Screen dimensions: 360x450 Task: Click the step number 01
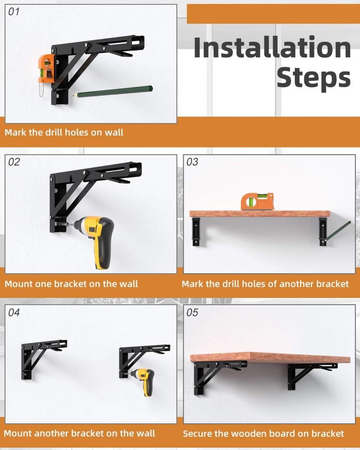pyautogui.click(x=14, y=12)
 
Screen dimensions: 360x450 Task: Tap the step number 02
pyautogui.click(x=14, y=162)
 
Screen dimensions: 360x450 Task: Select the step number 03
pyautogui.click(x=192, y=162)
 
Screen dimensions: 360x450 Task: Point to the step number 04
pyautogui.click(x=14, y=312)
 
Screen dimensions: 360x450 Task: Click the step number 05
pyautogui.click(x=192, y=312)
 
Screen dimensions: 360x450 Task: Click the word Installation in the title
pyautogui.click(x=272, y=47)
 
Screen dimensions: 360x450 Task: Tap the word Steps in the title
pyautogui.click(x=313, y=78)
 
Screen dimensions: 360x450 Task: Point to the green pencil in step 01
pyautogui.click(x=112, y=92)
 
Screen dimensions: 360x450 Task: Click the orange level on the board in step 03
pyautogui.click(x=257, y=202)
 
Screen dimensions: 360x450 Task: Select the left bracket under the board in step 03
pyautogui.click(x=196, y=231)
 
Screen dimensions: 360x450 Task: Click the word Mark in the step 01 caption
pyautogui.click(x=15, y=132)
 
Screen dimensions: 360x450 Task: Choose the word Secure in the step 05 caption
pyautogui.click(x=197, y=433)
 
